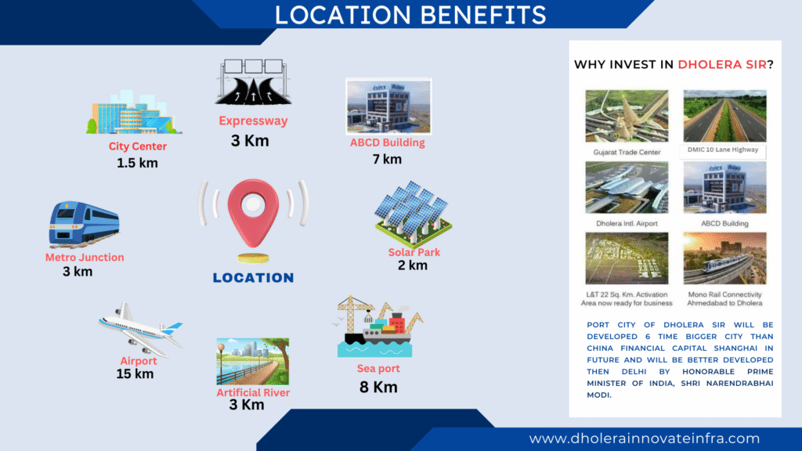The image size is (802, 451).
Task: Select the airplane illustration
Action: tap(140, 329)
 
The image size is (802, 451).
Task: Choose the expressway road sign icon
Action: tap(253, 82)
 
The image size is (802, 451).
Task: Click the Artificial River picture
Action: tap(253, 361)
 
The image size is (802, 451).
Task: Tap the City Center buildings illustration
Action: tap(134, 113)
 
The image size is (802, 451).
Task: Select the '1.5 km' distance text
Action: tap(137, 163)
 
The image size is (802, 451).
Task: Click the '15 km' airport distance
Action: tap(135, 373)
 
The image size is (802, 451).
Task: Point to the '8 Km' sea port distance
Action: tap(378, 387)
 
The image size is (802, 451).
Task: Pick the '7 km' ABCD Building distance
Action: tap(387, 160)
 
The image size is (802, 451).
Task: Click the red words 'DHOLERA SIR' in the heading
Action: tap(722, 64)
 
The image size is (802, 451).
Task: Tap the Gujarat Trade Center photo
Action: tap(627, 116)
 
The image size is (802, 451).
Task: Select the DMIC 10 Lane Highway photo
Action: tap(724, 116)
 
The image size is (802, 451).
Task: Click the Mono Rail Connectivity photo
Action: tap(724, 258)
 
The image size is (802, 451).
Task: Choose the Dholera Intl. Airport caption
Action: tap(627, 223)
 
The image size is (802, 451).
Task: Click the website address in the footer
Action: tap(645, 438)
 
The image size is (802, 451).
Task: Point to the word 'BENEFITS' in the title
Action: tap(483, 16)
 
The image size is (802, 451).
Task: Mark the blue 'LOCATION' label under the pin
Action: tap(253, 278)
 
